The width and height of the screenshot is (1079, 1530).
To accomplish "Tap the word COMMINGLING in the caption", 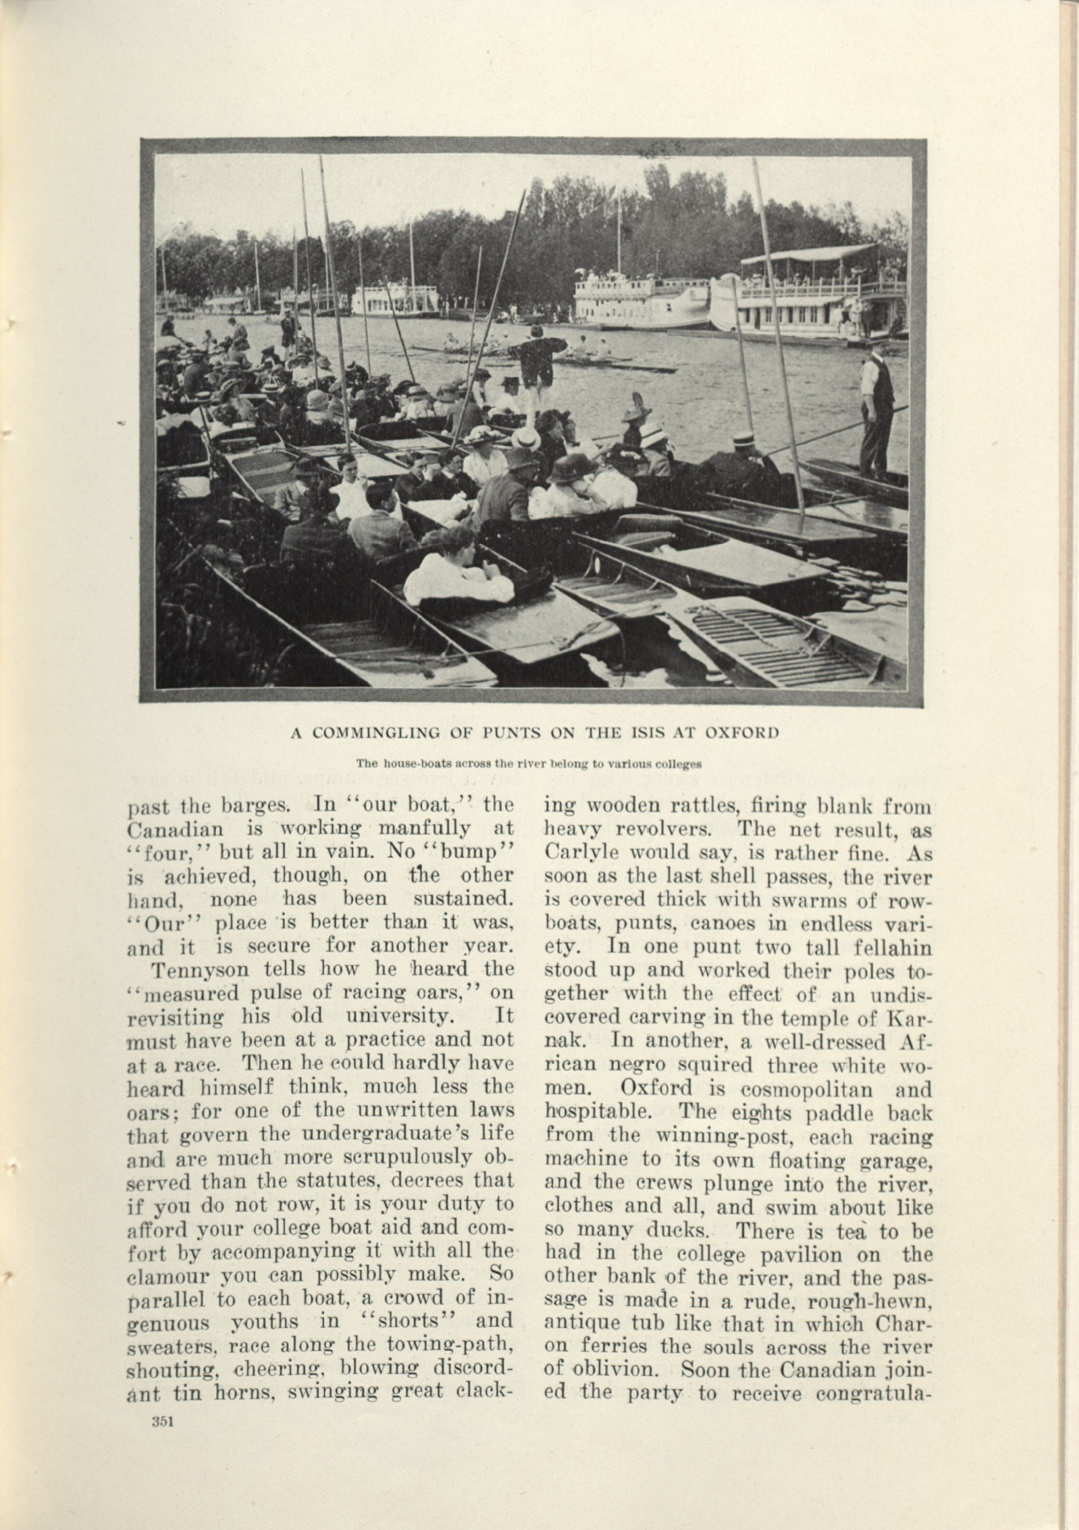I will tap(376, 733).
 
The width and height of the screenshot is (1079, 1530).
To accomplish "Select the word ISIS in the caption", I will tap(644, 733).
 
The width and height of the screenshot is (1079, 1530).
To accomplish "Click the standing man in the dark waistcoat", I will tap(876, 410).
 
